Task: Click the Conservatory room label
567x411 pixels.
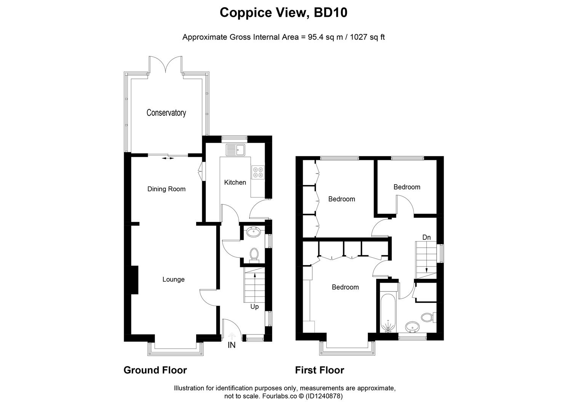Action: [x=166, y=113]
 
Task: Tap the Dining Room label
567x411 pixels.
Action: [x=166, y=189]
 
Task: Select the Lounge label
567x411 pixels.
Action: [x=173, y=279]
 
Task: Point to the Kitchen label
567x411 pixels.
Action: [x=235, y=182]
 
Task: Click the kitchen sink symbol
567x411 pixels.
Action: [x=236, y=150]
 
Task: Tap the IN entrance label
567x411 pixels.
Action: [x=232, y=345]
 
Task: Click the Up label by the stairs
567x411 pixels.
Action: [x=254, y=306]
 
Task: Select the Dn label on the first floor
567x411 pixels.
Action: [x=426, y=237]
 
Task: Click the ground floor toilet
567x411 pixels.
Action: [x=254, y=255]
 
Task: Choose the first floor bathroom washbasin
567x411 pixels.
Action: [x=412, y=327]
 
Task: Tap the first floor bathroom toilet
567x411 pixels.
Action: [x=428, y=317]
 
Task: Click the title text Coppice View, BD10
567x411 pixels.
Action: [x=283, y=13]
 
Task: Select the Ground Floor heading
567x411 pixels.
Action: [x=155, y=370]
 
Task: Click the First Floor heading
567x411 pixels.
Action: [x=319, y=370]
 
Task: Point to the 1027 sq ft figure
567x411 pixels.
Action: [x=367, y=37]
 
